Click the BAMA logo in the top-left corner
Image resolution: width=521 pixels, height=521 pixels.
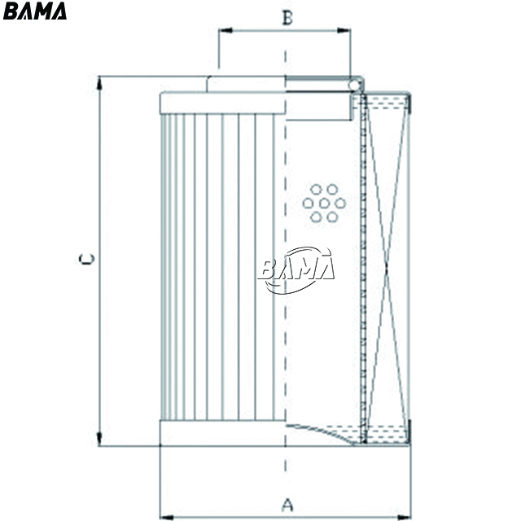34,11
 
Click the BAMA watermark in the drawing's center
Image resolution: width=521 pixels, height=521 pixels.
296,270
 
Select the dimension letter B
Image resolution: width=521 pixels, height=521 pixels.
287,18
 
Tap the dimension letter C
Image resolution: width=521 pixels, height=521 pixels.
87,259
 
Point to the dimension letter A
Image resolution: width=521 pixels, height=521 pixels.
287,505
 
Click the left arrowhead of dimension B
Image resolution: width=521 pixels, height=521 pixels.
225,31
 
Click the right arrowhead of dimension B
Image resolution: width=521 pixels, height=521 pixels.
344,31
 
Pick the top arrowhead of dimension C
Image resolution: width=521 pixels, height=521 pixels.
99,83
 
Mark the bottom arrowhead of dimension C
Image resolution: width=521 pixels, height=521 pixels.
99,439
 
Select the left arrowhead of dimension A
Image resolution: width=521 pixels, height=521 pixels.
167,518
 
